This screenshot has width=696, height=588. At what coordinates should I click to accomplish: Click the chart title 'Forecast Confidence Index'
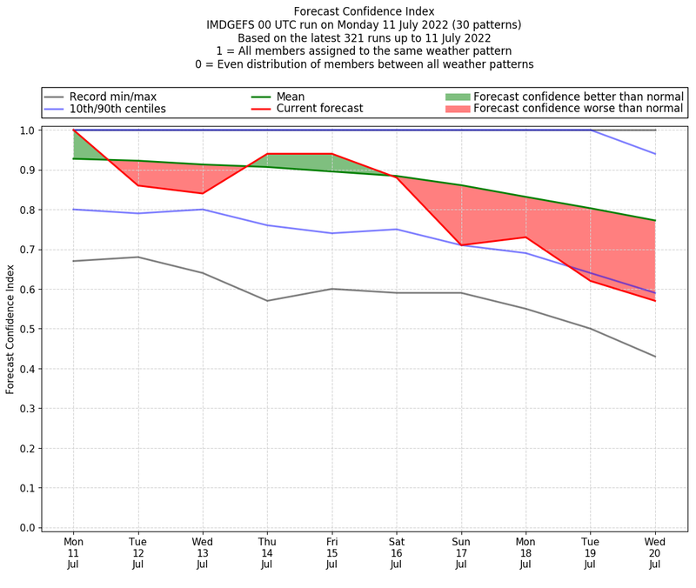pos(364,11)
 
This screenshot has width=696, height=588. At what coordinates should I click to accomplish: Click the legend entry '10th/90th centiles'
pos(117,109)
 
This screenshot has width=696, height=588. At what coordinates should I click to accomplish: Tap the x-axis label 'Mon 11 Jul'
pos(74,552)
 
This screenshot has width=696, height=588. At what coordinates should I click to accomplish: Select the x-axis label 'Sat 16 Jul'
pos(397,552)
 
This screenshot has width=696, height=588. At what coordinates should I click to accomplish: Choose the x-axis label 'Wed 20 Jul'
pos(655,552)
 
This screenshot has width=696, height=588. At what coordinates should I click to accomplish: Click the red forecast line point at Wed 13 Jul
pos(203,193)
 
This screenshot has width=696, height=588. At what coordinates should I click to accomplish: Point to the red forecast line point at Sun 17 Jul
pos(461,245)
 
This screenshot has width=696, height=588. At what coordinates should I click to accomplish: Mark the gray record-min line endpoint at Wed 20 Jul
pos(655,357)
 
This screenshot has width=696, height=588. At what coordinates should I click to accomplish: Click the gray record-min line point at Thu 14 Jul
pos(267,301)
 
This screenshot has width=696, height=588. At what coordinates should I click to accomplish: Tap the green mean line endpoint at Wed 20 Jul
pos(655,220)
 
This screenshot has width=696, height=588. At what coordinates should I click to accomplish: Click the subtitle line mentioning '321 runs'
pos(364,37)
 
